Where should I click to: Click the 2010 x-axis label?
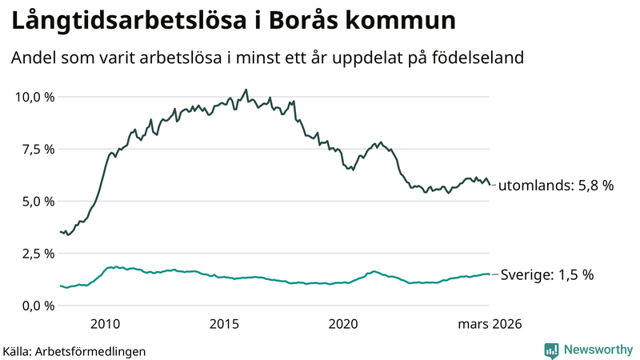point(106,324)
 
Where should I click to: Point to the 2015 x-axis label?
point(225,324)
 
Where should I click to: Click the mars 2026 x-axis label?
point(490,324)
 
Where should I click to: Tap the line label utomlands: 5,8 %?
point(555,186)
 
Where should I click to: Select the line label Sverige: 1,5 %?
point(546,274)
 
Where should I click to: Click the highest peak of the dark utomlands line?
point(246,90)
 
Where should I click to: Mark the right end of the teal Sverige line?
point(490,274)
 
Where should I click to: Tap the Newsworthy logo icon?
point(551,350)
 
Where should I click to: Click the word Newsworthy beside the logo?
point(598,350)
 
